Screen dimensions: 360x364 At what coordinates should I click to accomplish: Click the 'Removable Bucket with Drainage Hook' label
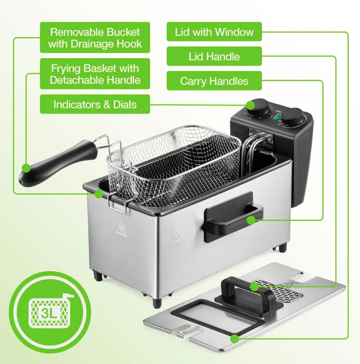click(x=95, y=37)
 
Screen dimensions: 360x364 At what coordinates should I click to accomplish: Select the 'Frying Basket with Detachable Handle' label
click(x=95, y=74)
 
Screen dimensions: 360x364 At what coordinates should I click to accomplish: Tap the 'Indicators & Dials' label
click(x=95, y=104)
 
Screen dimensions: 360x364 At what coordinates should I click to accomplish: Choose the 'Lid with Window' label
click(x=214, y=32)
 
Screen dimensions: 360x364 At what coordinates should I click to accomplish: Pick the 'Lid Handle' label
click(x=214, y=56)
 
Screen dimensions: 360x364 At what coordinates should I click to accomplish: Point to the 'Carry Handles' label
click(x=214, y=81)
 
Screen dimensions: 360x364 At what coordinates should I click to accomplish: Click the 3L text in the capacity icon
click(x=49, y=314)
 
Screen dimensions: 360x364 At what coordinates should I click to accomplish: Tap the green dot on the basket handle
click(x=26, y=168)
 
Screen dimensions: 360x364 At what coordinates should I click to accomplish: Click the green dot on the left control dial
click(x=250, y=105)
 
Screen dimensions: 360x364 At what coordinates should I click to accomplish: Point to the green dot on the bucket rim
click(x=99, y=193)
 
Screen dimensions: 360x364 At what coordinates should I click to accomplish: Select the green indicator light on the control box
click(x=276, y=117)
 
